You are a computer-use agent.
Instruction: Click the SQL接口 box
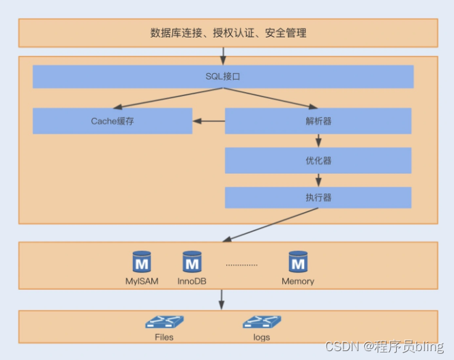point(223,76)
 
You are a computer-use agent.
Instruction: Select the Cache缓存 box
point(112,121)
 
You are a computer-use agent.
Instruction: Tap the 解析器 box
point(318,121)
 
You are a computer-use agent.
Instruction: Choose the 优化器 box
point(318,161)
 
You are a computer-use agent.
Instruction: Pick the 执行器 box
point(318,198)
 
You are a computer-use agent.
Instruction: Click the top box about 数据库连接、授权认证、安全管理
point(228,33)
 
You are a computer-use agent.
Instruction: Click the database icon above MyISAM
point(142,262)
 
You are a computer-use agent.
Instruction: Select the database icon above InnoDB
point(192,262)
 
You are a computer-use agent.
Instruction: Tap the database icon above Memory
point(298,262)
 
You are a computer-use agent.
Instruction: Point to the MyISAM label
point(142,281)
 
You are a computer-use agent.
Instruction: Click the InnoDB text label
point(192,281)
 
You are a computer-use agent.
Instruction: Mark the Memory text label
point(298,281)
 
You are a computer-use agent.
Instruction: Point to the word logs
point(261,337)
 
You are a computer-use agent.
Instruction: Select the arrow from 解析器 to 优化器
point(318,140)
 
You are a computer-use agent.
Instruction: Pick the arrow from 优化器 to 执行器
point(318,180)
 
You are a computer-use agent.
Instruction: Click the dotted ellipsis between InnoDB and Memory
point(241,265)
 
